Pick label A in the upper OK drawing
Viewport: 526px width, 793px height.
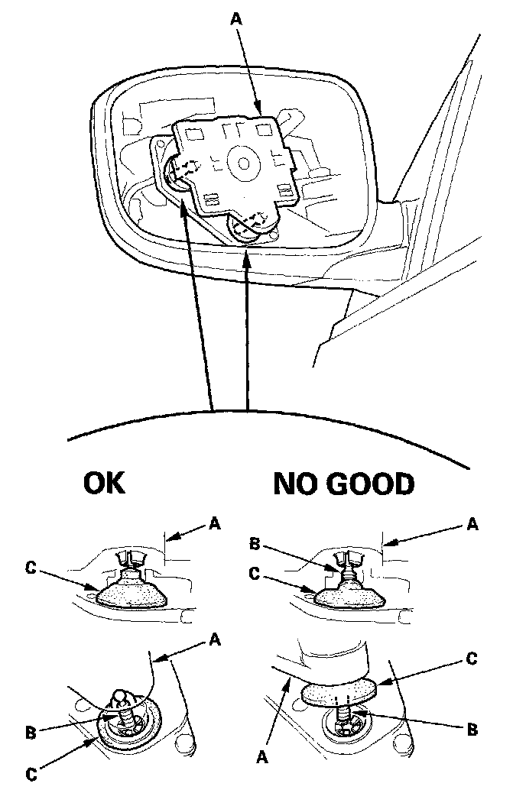pyautogui.click(x=215, y=523)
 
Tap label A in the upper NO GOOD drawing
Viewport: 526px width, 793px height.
pyautogui.click(x=472, y=523)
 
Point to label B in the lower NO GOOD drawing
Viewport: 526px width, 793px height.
pyautogui.click(x=472, y=730)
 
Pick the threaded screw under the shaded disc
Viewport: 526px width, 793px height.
pyautogui.click(x=343, y=717)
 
